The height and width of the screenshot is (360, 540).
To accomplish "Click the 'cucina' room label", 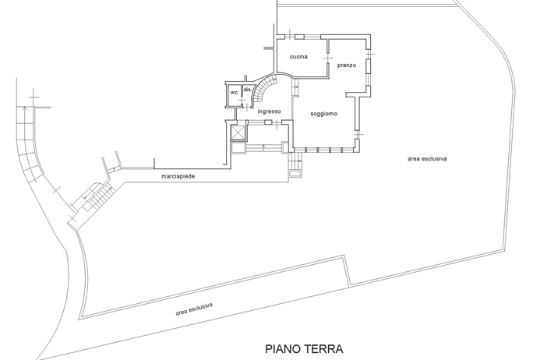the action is click(x=298, y=57).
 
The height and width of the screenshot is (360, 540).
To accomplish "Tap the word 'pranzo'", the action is click(x=347, y=65).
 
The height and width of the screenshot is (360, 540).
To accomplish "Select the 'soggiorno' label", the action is click(x=323, y=114).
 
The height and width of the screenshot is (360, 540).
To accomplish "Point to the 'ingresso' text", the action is click(x=270, y=111).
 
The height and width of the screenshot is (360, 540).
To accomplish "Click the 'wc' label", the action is click(x=234, y=92).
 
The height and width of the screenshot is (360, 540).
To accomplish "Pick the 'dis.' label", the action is click(x=248, y=90).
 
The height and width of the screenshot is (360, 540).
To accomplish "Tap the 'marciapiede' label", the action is click(x=178, y=176).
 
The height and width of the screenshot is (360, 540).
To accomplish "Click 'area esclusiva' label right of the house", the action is click(x=427, y=159).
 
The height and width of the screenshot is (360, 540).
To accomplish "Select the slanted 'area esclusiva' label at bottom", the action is click(x=194, y=309).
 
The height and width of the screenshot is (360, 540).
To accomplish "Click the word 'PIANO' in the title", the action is click(x=282, y=349).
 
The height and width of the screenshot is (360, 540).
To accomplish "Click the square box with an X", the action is click(x=238, y=132).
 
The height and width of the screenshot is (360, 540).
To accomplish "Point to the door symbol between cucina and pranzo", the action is click(x=328, y=58).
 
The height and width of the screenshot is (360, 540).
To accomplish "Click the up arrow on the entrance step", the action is click(x=263, y=148).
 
